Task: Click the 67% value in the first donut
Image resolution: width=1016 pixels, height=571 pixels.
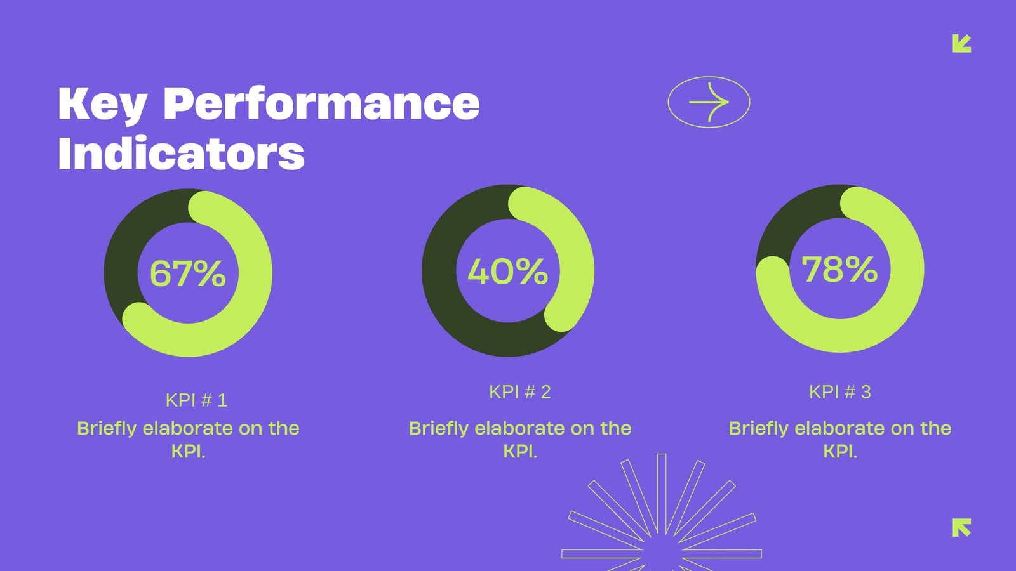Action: pyautogui.click(x=188, y=273)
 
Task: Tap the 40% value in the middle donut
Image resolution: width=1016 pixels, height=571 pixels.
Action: pyautogui.click(x=507, y=272)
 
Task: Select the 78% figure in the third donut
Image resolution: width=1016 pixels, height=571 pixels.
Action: pyautogui.click(x=839, y=269)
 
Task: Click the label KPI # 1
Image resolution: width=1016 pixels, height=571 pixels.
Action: pyautogui.click(x=196, y=400)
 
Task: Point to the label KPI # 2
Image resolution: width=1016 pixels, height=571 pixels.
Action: pyautogui.click(x=520, y=392)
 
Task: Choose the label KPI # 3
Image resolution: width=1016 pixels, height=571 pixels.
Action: pyautogui.click(x=840, y=392)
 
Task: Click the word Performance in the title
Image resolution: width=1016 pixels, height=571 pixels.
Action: pyautogui.click(x=321, y=104)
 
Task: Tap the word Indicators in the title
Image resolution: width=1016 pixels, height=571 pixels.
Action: pyautogui.click(x=182, y=153)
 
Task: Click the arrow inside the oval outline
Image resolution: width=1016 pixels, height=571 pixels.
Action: pyautogui.click(x=709, y=102)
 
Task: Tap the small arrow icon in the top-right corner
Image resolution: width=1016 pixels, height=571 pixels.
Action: pyautogui.click(x=961, y=44)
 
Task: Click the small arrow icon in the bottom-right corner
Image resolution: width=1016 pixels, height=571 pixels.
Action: pyautogui.click(x=961, y=527)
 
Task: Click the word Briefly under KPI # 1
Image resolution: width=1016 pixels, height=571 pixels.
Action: pyautogui.click(x=107, y=429)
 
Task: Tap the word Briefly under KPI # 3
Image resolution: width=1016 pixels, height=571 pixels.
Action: pyautogui.click(x=758, y=429)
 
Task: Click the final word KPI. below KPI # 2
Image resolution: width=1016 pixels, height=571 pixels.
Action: pyautogui.click(x=520, y=452)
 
